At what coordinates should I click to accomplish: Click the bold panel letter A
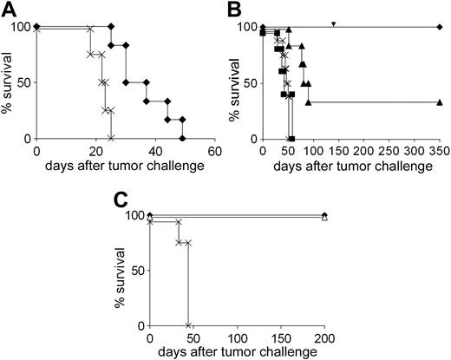(x=9, y=11)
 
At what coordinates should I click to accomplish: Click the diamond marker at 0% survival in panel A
(x=182, y=139)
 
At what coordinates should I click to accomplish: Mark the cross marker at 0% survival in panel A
(x=110, y=139)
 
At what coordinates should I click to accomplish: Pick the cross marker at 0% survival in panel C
(x=187, y=325)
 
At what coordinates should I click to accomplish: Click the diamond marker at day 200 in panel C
(x=324, y=214)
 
